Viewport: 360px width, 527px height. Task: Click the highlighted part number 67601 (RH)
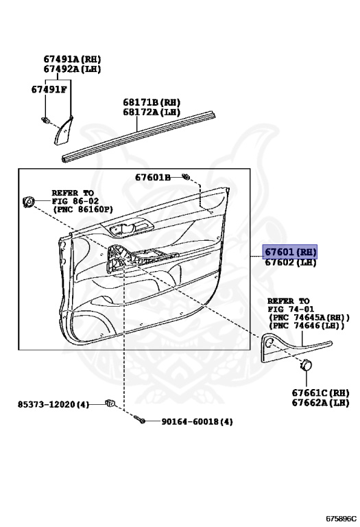[290, 252]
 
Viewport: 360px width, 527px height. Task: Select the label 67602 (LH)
[291, 262]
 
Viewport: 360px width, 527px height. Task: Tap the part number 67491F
[49, 89]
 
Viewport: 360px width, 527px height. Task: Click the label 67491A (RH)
[72, 59]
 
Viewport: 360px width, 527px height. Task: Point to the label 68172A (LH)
[152, 112]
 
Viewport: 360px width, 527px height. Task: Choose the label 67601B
[153, 177]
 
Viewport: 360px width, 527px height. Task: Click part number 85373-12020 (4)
[53, 404]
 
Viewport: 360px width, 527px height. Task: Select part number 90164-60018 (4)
[197, 421]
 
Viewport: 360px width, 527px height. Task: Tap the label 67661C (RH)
[320, 393]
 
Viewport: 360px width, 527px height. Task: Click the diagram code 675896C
[341, 518]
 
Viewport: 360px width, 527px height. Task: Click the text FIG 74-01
[291, 309]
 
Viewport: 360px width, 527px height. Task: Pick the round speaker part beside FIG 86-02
[29, 202]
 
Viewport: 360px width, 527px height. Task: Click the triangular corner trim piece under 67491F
[63, 130]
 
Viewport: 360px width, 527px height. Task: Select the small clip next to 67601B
[185, 176]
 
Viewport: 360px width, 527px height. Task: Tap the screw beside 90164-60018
[140, 419]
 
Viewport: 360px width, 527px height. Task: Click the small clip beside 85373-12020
[110, 402]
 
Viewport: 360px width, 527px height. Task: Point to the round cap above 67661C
[306, 364]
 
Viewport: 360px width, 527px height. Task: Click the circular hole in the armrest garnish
[269, 342]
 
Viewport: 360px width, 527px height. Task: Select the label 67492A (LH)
[72, 69]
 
